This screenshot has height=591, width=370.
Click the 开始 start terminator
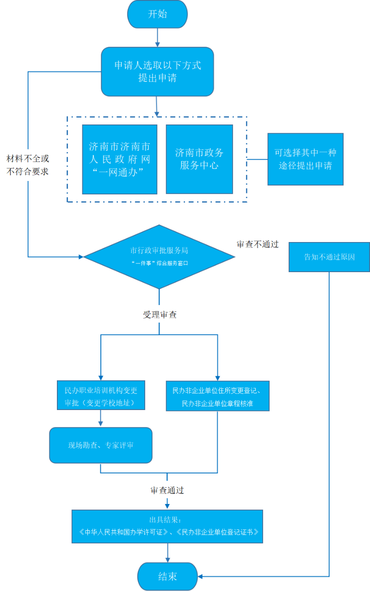click(x=157, y=14)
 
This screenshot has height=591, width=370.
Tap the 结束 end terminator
click(x=167, y=577)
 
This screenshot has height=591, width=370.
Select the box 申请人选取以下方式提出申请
click(x=157, y=71)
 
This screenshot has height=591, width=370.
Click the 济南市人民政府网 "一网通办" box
click(x=120, y=159)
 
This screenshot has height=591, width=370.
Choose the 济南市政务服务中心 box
click(x=199, y=159)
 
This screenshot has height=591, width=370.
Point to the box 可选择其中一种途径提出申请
click(x=305, y=159)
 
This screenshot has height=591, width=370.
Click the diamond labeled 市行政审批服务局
click(x=159, y=257)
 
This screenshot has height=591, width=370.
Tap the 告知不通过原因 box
click(x=329, y=257)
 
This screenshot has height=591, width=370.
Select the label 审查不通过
click(x=258, y=244)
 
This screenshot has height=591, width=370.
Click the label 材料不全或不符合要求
click(x=28, y=165)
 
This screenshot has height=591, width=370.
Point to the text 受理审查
click(x=160, y=315)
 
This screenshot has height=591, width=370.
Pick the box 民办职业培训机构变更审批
click(x=101, y=395)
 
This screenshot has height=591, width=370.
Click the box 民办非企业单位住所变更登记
click(x=217, y=396)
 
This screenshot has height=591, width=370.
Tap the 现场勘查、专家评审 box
click(x=101, y=445)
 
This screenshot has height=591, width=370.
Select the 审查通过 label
click(x=167, y=490)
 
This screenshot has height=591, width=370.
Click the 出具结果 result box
click(x=167, y=526)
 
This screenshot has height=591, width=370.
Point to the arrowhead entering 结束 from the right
click(x=200, y=577)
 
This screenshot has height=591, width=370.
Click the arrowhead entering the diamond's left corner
click(x=81, y=257)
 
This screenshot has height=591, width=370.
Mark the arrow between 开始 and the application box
click(x=157, y=37)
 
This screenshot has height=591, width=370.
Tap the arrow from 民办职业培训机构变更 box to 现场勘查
click(x=100, y=419)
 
